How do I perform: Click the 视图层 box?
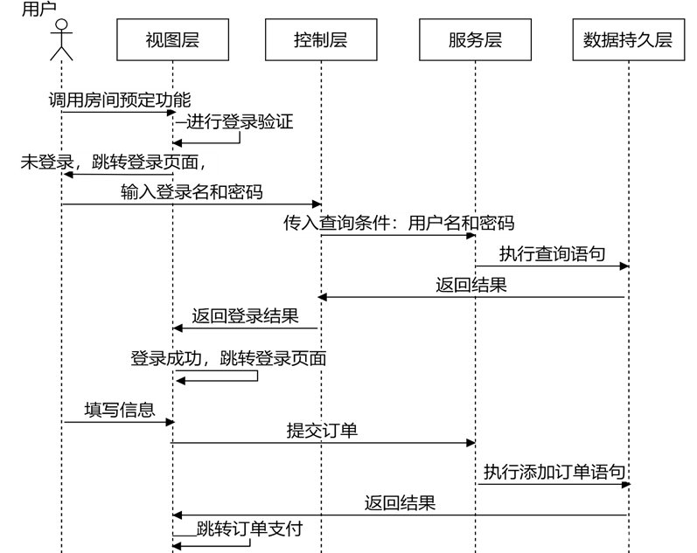172,40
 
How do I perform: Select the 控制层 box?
321,40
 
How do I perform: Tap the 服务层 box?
475,40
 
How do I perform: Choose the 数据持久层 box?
628,40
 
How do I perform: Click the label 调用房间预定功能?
120,100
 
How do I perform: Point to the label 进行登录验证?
240,121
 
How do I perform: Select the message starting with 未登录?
118,162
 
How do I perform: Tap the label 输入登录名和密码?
192,192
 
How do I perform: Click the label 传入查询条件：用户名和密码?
399,223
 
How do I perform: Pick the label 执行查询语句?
553,254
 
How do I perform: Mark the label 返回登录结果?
246,315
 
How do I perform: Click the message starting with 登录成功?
229,358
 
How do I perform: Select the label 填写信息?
120,410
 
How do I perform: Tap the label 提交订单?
322,431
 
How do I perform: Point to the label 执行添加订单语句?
554,473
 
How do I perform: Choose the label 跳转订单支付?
250,529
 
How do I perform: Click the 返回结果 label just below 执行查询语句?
471,285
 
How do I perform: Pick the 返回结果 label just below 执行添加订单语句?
401,502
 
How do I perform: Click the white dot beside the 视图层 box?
61,24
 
